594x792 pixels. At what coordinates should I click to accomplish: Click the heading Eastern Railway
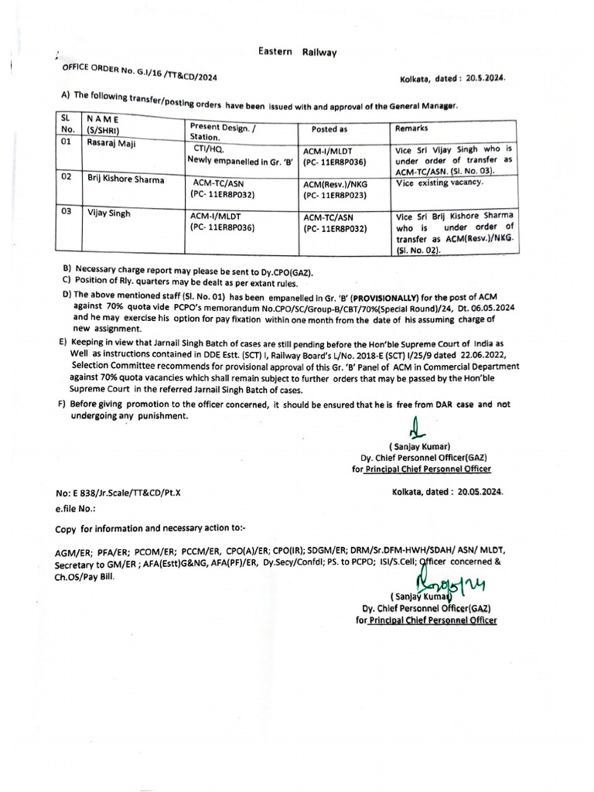point(297,52)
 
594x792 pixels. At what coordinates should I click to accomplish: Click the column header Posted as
point(329,129)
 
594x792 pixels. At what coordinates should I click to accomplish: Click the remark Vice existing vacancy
point(439,182)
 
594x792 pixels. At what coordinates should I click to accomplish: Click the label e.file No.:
point(74,509)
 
